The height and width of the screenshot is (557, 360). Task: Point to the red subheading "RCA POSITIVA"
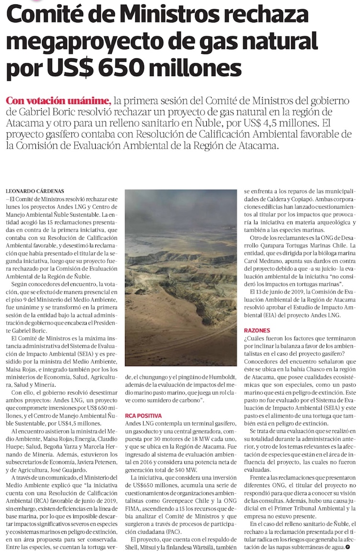click(x=144, y=415)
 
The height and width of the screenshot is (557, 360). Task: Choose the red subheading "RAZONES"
click(x=258, y=330)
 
